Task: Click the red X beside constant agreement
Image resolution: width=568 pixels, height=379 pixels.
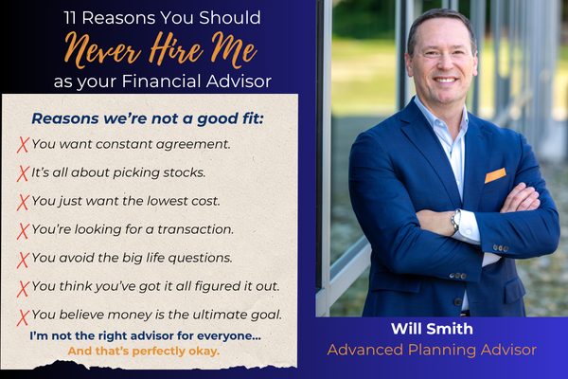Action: [x=23, y=145]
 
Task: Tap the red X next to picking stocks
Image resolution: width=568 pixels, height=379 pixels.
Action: [x=23, y=173]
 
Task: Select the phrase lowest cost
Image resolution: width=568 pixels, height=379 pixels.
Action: [x=192, y=201]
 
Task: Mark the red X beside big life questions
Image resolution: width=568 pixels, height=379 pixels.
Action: [x=23, y=258]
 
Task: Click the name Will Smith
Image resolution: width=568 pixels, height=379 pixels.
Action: [x=431, y=330]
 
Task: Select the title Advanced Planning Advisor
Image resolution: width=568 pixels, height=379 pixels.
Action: [x=431, y=351]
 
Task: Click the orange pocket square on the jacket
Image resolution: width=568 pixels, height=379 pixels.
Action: [x=495, y=175]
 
